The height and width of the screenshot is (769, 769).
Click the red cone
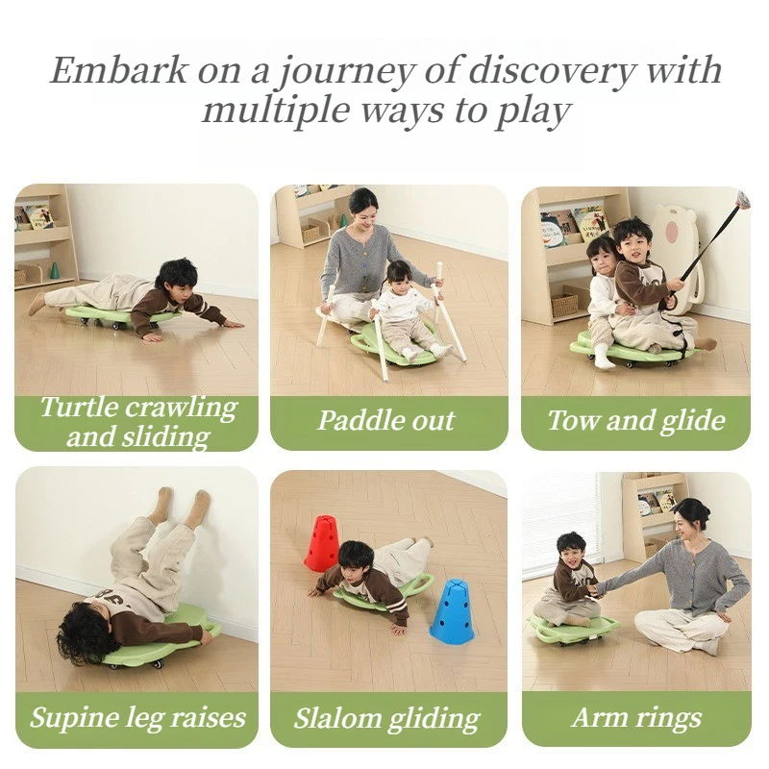click(x=322, y=544)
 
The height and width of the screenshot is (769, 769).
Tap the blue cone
click(x=452, y=611)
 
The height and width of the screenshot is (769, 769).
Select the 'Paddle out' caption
click(x=386, y=420)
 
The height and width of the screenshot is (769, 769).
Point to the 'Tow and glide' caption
click(x=635, y=420)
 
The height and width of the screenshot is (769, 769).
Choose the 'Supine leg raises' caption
click(x=136, y=717)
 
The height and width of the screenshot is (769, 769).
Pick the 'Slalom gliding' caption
click(x=386, y=717)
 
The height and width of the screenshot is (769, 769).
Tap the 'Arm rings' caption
click(x=635, y=717)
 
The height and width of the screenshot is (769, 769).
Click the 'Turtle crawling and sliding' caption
click(x=136, y=421)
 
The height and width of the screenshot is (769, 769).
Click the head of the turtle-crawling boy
click(x=176, y=275)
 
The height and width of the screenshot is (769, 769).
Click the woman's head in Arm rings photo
click(x=691, y=520)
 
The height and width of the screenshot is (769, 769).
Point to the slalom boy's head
click(x=357, y=558)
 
